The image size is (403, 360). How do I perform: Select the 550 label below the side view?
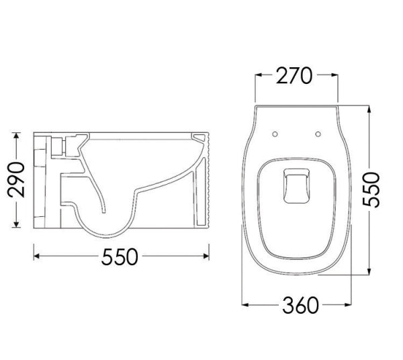(123, 256)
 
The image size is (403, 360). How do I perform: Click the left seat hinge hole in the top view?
(275, 133)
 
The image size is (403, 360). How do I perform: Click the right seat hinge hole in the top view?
(315, 133)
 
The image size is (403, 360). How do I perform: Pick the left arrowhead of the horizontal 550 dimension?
(37, 256)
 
